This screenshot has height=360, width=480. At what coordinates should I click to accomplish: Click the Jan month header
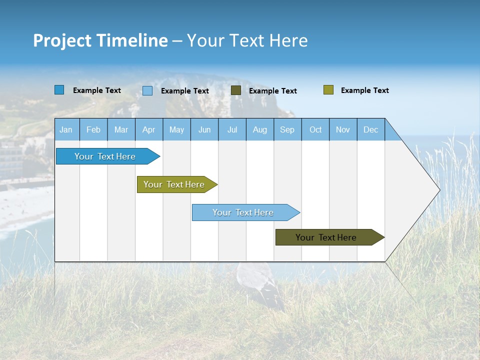pos(66,129)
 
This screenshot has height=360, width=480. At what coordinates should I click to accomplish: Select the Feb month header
pos(93,129)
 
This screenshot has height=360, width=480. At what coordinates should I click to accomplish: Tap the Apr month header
pos(149,129)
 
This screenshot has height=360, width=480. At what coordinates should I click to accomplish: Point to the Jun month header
pos(204,129)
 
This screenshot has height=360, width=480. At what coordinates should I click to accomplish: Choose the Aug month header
pos(260,129)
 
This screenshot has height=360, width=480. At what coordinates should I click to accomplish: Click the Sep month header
pos(287,129)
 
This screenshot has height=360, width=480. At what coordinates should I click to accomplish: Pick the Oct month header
pos(315,129)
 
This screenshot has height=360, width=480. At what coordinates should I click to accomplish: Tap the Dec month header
pos(371,129)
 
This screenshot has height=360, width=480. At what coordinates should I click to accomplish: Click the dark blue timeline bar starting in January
pos(105,156)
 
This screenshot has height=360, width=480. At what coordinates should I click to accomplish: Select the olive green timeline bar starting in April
pos(174,184)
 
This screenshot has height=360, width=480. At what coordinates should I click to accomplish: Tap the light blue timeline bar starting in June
pos(243,212)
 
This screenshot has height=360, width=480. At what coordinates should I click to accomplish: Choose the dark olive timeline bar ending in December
pos(326,237)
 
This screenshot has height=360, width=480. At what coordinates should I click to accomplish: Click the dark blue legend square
pos(59,90)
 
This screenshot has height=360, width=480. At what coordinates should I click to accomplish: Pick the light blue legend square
pos(147,90)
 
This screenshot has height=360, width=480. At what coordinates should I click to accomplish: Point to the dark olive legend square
pos(236,90)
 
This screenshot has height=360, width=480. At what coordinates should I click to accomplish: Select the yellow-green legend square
pos(328,90)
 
